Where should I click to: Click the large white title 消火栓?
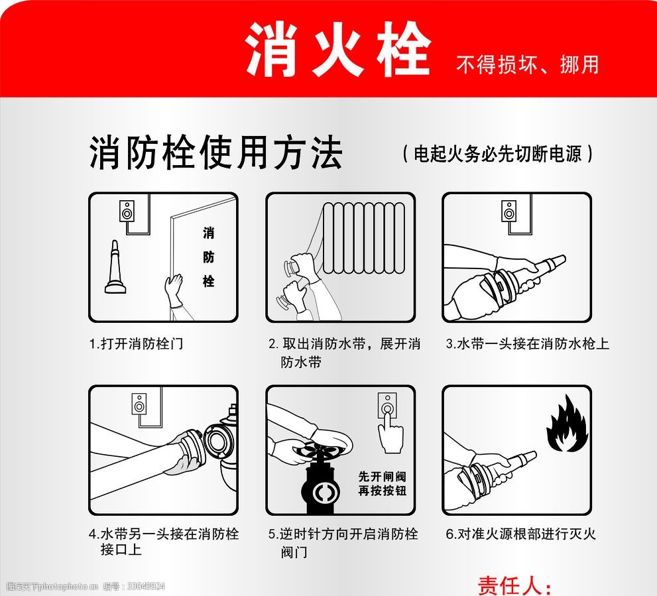(337, 49)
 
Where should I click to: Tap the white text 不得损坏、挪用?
(528, 64)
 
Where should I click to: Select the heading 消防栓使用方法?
(215, 152)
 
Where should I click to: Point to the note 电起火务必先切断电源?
(497, 154)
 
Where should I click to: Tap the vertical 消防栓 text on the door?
(209, 257)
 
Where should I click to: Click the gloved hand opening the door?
(174, 290)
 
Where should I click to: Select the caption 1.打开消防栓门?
(136, 343)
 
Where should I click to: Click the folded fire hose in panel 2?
(364, 237)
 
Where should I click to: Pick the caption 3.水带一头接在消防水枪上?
(527, 343)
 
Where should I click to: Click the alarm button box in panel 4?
(139, 404)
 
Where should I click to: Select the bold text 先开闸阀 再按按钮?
(382, 483)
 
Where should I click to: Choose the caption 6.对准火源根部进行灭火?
(521, 534)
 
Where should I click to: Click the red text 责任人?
(514, 585)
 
